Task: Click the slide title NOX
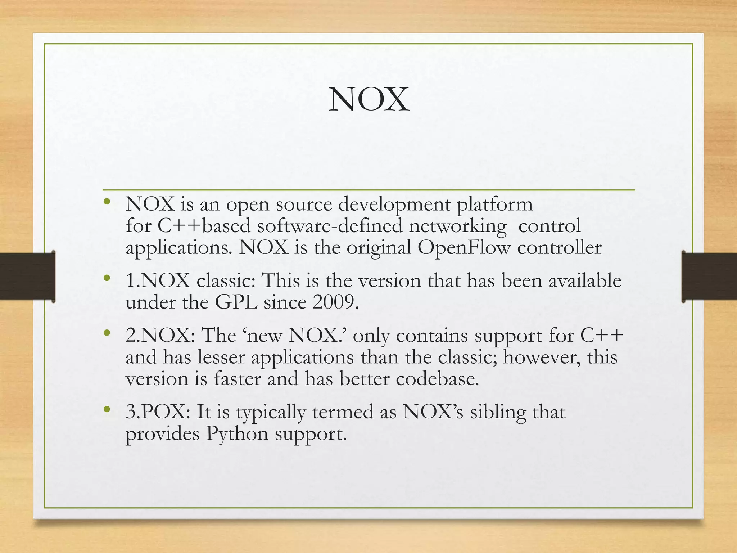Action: click(x=369, y=100)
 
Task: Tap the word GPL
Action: click(x=236, y=302)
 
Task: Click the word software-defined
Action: click(x=330, y=226)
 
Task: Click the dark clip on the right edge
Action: click(x=709, y=276)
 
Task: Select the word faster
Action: click(x=237, y=379)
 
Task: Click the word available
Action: click(x=585, y=280)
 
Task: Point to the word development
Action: click(x=394, y=204)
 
